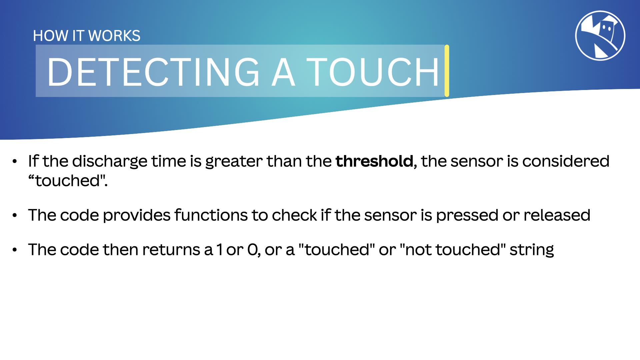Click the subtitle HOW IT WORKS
tap(87, 36)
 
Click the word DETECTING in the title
tap(153, 72)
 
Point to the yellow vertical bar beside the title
tap(447, 71)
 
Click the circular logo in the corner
tap(600, 36)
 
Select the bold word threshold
tap(374, 161)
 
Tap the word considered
tap(566, 161)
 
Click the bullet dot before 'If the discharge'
tap(15, 162)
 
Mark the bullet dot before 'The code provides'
tap(15, 215)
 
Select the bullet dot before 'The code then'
tap(15, 250)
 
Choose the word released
tap(557, 215)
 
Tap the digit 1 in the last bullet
tap(219, 250)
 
